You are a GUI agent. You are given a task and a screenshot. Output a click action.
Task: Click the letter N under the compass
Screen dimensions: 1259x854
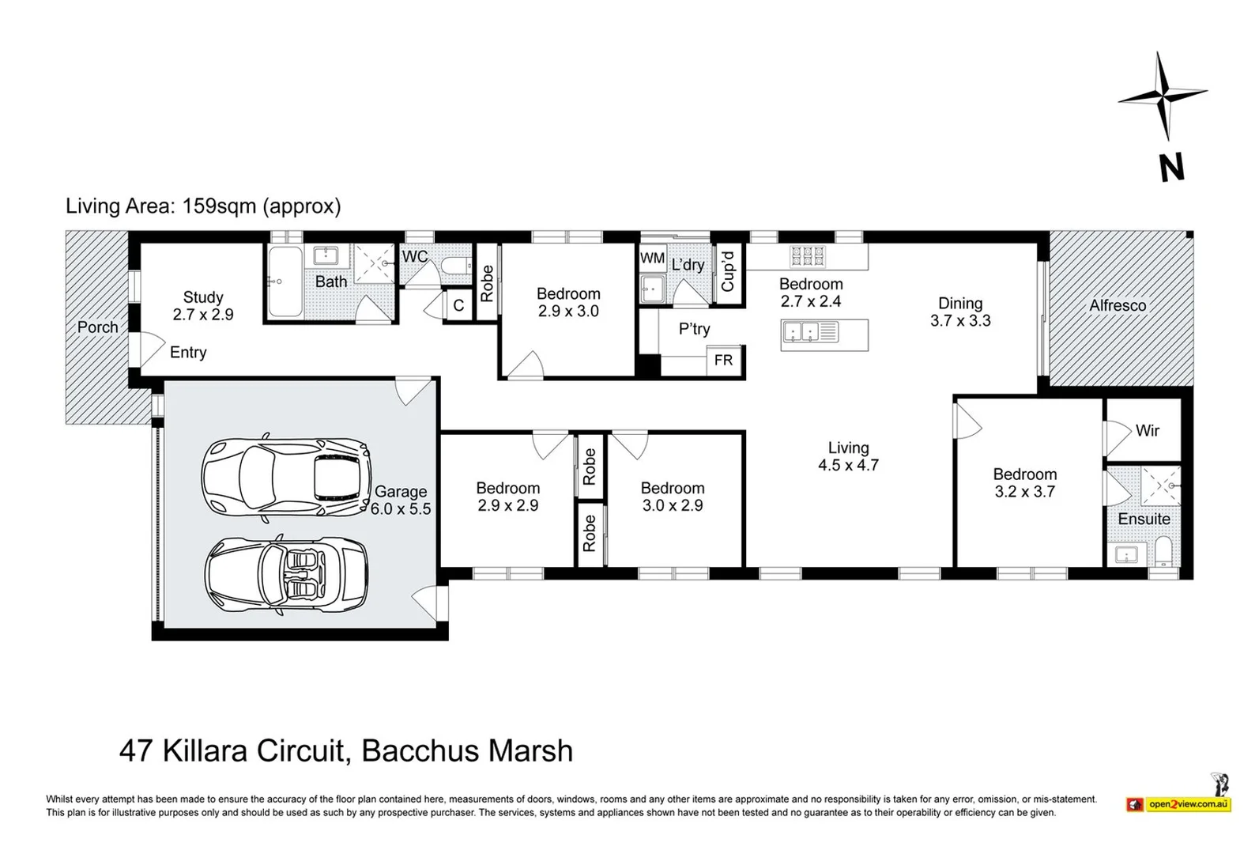click(1172, 168)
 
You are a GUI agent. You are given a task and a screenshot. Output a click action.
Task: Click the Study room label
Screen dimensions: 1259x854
click(203, 306)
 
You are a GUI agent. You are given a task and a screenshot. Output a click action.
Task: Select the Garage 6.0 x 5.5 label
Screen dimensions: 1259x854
click(400, 500)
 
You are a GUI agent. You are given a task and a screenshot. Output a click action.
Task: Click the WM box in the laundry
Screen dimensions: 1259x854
click(653, 258)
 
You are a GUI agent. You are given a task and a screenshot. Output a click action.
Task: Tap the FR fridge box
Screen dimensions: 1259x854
click(724, 360)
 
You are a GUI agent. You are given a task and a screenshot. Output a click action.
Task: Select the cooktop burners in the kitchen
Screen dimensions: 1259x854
click(808, 256)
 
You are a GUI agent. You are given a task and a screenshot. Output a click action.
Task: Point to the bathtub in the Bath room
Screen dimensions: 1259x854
click(286, 281)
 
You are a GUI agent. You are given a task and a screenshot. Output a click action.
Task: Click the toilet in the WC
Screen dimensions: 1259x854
click(457, 265)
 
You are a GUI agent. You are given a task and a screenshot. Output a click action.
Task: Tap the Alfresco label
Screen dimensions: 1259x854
click(1118, 305)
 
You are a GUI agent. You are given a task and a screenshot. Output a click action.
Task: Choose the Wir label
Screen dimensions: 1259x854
click(1147, 431)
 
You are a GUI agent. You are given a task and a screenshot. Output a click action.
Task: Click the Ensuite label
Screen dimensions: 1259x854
click(1144, 519)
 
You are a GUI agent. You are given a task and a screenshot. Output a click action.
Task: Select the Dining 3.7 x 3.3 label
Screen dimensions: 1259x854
click(960, 312)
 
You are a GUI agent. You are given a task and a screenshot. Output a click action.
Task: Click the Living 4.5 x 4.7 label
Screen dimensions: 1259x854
click(848, 456)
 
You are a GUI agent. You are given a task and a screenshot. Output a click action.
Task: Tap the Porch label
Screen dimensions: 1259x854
click(98, 327)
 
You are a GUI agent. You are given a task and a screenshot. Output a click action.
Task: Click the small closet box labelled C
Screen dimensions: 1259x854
click(458, 305)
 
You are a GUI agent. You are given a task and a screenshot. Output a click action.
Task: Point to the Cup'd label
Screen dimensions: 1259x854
click(728, 271)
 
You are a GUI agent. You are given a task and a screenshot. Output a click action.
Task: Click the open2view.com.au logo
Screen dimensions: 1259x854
click(1179, 803)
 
